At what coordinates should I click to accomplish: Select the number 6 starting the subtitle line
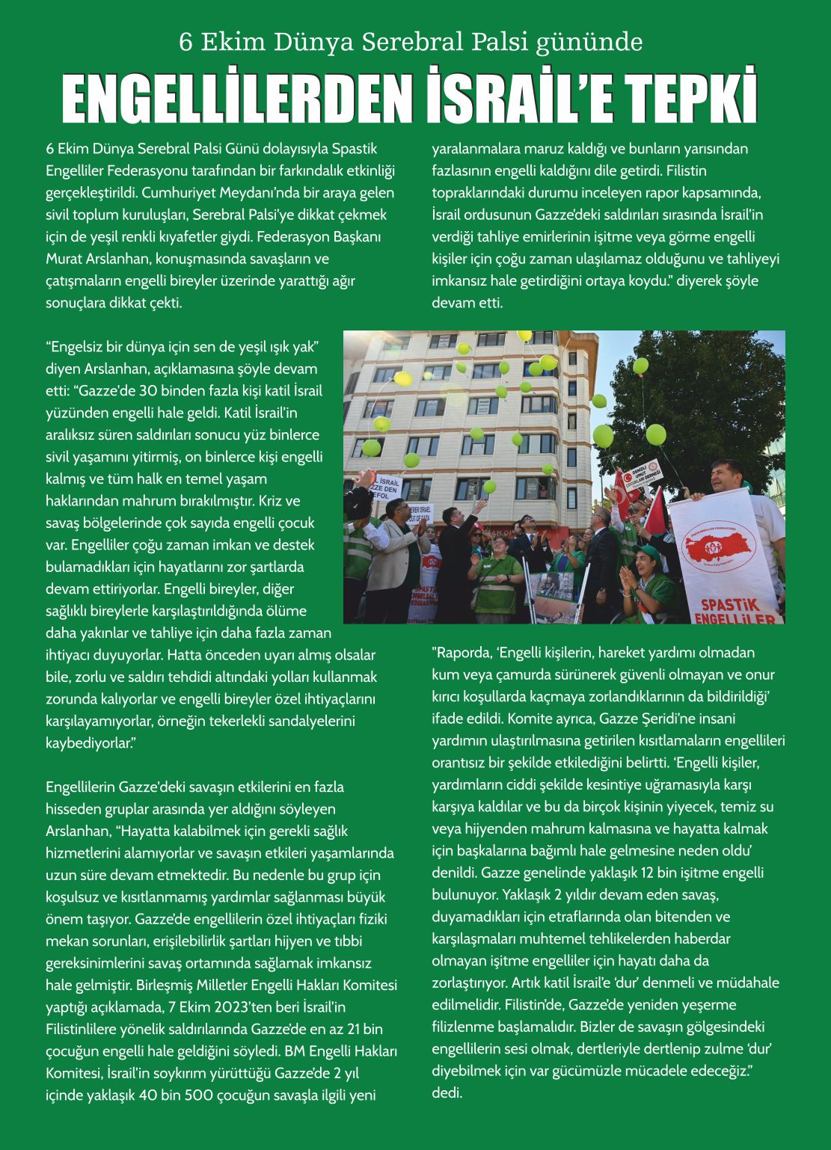[185, 43]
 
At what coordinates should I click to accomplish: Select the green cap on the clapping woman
[648, 553]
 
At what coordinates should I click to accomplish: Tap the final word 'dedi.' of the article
[447, 1093]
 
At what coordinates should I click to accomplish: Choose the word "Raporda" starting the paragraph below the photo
[462, 653]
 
